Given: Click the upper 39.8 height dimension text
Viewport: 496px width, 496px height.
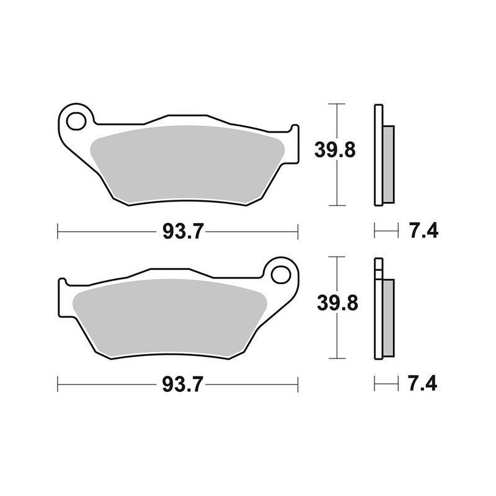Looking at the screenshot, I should pos(335,150).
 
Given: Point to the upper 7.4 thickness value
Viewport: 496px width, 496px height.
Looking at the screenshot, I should pos(423,232).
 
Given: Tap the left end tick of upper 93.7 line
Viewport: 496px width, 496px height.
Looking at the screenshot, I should pos(58,232).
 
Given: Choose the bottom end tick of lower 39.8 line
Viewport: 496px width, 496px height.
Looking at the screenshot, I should pos(335,358).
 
